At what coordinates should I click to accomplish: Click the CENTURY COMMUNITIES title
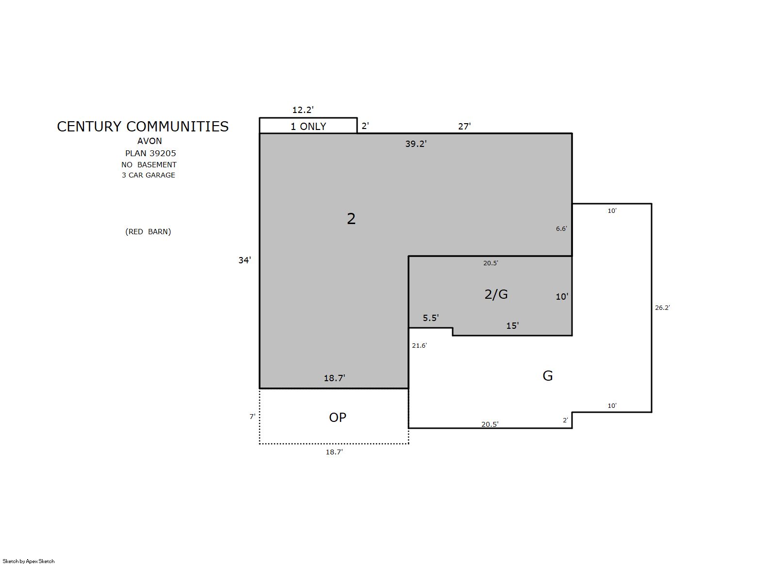coord(143,127)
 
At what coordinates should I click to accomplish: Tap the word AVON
coord(149,141)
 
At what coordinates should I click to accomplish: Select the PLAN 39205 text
coord(150,153)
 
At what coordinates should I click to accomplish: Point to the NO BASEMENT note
coord(148,165)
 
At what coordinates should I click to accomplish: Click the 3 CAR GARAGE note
coord(148,175)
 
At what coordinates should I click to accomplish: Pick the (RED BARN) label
coord(148,232)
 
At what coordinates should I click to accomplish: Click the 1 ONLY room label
coord(308,127)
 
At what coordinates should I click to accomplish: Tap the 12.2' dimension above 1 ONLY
coord(303,110)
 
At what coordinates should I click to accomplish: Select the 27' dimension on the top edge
coord(464,127)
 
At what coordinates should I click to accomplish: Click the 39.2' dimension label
coord(416,144)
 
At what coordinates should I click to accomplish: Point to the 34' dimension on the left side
coord(245,260)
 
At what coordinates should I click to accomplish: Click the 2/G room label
coord(496,294)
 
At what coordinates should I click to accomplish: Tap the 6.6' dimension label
coord(561,229)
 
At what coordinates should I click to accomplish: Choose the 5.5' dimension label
coord(430,318)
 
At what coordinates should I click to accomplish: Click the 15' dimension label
coord(512,325)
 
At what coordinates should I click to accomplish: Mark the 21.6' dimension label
coord(419,345)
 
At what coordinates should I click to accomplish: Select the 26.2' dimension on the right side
coord(662,308)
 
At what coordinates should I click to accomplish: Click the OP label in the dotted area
coord(338,418)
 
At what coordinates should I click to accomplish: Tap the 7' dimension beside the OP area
coord(252,417)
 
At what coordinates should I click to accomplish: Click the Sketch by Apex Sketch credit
coord(29,561)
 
